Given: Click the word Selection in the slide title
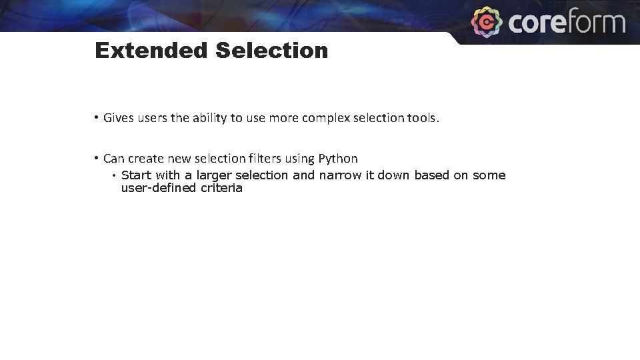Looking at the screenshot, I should pos(271,51).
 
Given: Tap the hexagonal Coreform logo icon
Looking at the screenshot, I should pos(487,22).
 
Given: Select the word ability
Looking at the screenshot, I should pos(209,119).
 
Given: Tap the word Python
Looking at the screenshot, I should pos(338,159).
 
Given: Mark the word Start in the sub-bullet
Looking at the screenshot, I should pos(137,175).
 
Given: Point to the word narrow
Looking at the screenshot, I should pos(340,175).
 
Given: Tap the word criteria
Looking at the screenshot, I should pos(221,188).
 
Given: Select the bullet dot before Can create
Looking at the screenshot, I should pos(97,159).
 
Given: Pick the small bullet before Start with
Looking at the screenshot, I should pos(114,175).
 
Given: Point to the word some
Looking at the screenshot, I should pos(489,175).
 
